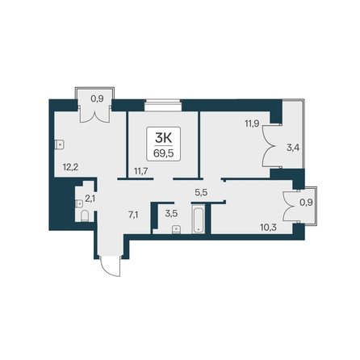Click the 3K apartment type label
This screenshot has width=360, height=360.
coord(163,139)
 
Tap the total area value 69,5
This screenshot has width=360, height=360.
coord(163,153)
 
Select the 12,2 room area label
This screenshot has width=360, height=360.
coord(70,167)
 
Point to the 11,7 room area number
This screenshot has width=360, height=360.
coord(141,170)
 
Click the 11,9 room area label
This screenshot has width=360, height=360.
coord(252,123)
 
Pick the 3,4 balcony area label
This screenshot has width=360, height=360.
coord(293,148)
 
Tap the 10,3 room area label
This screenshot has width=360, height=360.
coord(268,228)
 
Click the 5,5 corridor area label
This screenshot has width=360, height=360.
coord(201,192)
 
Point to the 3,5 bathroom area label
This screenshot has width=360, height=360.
coord(171,214)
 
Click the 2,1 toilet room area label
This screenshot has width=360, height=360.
coord(90,199)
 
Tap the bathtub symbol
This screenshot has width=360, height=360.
coord(199,220)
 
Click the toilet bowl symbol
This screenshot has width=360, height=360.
coord(85,216)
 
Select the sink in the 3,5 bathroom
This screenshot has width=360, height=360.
coord(176,229)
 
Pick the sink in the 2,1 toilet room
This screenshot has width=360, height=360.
coord(78,203)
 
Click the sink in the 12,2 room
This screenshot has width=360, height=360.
coord(59,144)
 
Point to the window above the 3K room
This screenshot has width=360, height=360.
coord(163,105)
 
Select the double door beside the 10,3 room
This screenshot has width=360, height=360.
coord(291,207)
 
